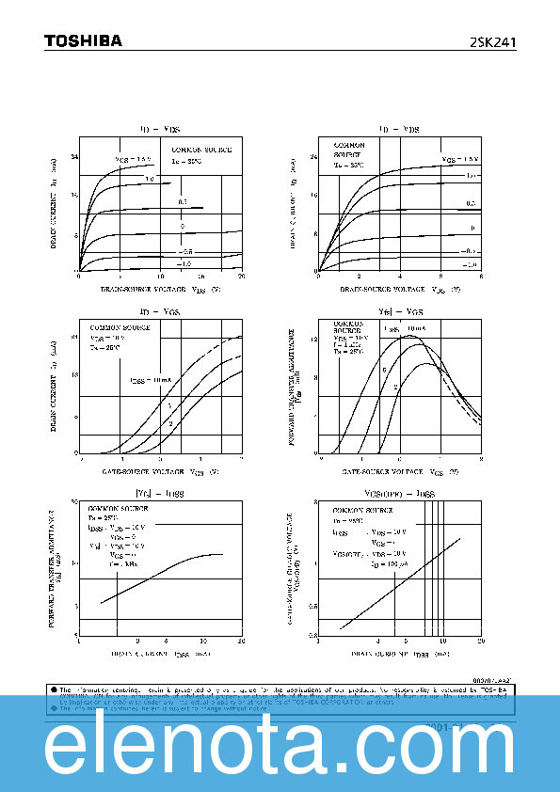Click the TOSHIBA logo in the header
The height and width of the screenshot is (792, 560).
(83, 40)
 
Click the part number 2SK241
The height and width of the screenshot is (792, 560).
(493, 42)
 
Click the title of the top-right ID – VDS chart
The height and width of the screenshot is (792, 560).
(399, 128)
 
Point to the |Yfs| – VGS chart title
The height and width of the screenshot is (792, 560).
(399, 310)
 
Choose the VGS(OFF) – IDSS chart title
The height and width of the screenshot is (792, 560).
(399, 493)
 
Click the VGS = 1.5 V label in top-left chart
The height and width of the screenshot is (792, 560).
(133, 159)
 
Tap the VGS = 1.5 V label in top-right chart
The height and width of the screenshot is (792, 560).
(461, 159)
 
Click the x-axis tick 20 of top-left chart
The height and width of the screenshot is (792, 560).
(242, 277)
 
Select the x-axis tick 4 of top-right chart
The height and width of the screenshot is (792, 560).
(400, 277)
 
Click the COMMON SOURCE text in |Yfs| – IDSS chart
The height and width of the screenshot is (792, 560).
(114, 506)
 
